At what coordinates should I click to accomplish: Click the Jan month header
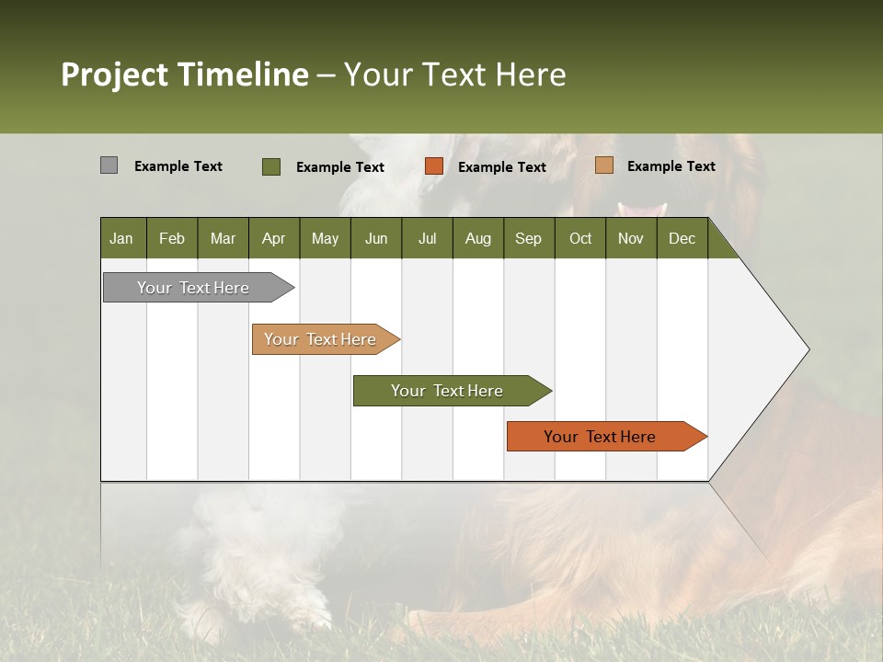122,238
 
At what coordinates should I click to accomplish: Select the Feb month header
172,238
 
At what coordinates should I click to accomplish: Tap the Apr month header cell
274,238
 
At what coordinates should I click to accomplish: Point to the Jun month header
376,238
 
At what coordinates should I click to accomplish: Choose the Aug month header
478,238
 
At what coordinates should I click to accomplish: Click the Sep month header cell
529,238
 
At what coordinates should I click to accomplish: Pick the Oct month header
580,238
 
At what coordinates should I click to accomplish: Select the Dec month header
682,238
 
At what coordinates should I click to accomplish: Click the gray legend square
109,165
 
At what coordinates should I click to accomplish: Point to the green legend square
271,166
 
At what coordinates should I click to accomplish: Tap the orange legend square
434,166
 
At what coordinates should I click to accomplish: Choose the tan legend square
603,165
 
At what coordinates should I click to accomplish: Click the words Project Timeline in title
185,74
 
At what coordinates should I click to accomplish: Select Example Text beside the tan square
671,165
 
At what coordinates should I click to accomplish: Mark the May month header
325,238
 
